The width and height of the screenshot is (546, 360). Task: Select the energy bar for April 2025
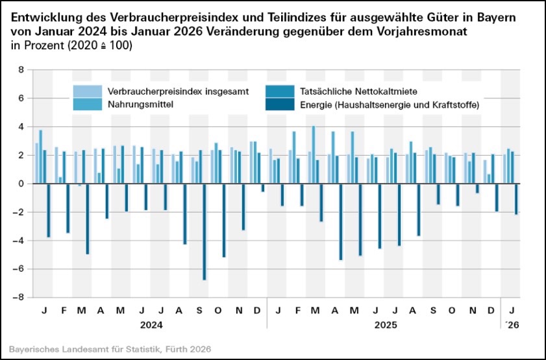(x=340, y=222)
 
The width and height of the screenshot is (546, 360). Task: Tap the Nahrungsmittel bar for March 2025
(x=314, y=155)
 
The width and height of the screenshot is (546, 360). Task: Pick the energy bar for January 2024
(x=48, y=210)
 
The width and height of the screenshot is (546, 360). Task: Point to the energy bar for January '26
(x=516, y=199)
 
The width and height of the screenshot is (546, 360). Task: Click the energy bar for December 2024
(x=263, y=188)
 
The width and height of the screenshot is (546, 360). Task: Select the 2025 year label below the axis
(x=384, y=322)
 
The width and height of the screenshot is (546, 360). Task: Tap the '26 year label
(x=512, y=322)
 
